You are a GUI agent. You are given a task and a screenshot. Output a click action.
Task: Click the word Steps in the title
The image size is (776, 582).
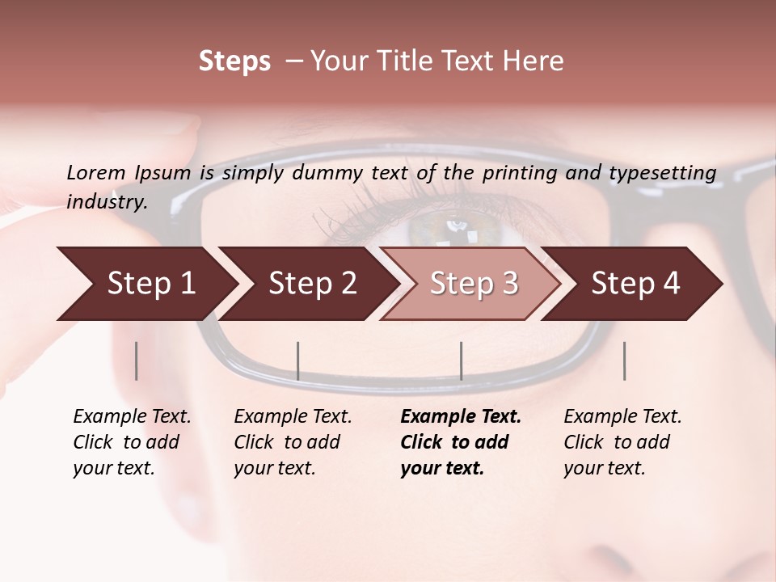click(x=234, y=61)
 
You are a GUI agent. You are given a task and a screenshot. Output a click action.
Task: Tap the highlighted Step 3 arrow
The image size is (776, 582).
click(x=474, y=284)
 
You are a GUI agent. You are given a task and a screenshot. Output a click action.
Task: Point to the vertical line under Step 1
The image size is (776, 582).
click(x=137, y=361)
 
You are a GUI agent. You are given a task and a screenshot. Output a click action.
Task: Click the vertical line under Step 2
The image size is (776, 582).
click(x=298, y=361)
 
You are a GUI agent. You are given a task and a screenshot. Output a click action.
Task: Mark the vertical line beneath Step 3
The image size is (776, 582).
click(x=461, y=361)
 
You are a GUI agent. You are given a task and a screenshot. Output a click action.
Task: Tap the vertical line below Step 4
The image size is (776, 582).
click(x=624, y=361)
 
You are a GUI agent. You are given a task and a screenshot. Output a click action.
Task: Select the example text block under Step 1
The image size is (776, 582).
click(x=132, y=441)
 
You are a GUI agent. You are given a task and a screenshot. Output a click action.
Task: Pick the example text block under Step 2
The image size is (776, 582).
click(x=293, y=441)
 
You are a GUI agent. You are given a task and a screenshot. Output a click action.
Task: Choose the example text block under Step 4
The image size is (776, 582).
click(x=622, y=441)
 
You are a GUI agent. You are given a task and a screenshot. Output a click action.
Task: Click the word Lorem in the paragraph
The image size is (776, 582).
click(x=95, y=172)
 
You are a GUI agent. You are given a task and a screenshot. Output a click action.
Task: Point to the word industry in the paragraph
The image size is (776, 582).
click(x=106, y=201)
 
